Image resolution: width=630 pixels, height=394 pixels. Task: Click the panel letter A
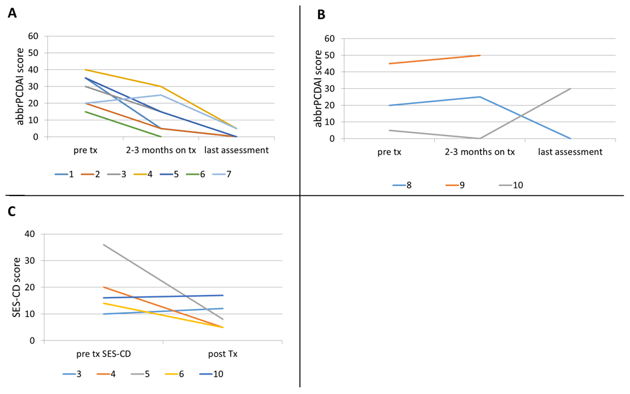[12, 13]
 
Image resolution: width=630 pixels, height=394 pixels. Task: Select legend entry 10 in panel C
[217, 374]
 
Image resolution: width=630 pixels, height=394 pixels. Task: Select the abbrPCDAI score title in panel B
[319, 89]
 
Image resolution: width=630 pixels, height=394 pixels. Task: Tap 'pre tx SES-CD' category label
[103, 354]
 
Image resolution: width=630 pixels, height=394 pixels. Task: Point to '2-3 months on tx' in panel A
[161, 150]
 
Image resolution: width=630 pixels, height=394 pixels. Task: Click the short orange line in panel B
[435, 59]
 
